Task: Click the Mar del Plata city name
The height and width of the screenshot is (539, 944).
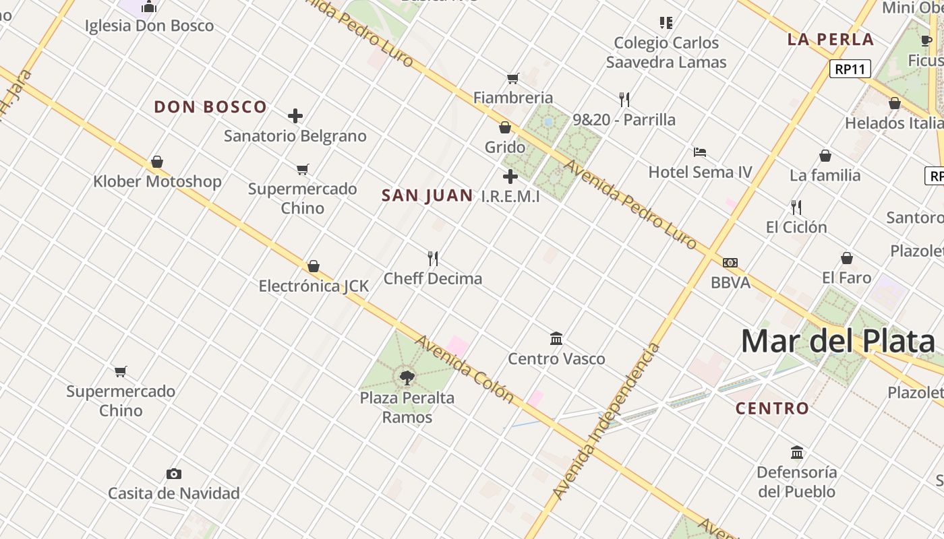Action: pyautogui.click(x=837, y=342)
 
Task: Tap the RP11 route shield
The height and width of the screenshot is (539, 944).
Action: pyautogui.click(x=850, y=69)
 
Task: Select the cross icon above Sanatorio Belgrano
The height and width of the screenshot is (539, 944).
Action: pyautogui.click(x=295, y=116)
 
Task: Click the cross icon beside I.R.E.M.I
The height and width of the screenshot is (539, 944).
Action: pyautogui.click(x=510, y=177)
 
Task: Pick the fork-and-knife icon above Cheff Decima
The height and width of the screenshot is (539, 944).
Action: pyautogui.click(x=433, y=258)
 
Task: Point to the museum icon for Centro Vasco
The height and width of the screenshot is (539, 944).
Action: pyautogui.click(x=556, y=338)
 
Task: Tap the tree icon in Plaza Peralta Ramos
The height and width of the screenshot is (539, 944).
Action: pyautogui.click(x=407, y=377)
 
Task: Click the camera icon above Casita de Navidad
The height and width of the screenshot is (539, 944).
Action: pyautogui.click(x=174, y=474)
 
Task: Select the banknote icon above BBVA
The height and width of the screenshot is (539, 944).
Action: pyautogui.click(x=730, y=263)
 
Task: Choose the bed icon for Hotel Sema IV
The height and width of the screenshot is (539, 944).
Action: pyautogui.click(x=700, y=152)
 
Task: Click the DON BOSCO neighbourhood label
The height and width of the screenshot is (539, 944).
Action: pyautogui.click(x=210, y=107)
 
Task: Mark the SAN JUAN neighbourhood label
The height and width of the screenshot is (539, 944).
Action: pyautogui.click(x=427, y=196)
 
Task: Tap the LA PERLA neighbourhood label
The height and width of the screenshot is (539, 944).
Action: pyautogui.click(x=831, y=39)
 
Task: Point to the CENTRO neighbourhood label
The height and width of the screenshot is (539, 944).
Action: pyautogui.click(x=772, y=408)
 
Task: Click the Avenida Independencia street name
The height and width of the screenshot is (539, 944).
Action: pyautogui.click(x=606, y=422)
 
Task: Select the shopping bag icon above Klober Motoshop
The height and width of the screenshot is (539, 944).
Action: pyautogui.click(x=157, y=162)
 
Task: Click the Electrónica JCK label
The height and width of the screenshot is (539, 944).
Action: pyautogui.click(x=314, y=286)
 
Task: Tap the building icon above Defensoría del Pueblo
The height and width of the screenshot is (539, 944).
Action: pyautogui.click(x=797, y=452)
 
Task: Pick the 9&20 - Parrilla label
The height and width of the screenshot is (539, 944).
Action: pyautogui.click(x=624, y=120)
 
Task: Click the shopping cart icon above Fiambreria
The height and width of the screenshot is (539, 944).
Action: pyautogui.click(x=513, y=78)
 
